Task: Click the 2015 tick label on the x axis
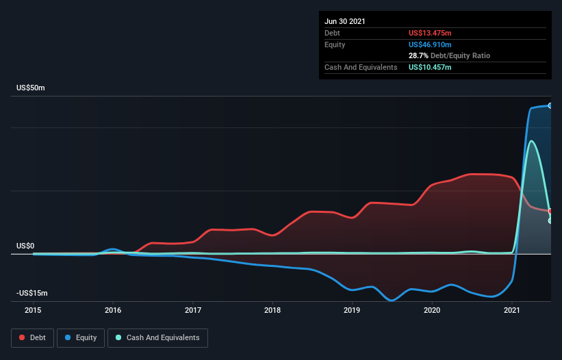[x=33, y=310]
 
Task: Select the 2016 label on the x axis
[x=113, y=310]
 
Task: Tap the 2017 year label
[x=193, y=310]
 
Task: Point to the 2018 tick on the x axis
[x=272, y=310]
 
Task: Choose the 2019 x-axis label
[x=352, y=310]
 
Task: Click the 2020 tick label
[x=432, y=310]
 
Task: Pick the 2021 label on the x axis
[x=512, y=310]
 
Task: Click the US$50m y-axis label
[x=32, y=88]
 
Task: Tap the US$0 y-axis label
[x=26, y=246]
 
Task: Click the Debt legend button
[x=33, y=337]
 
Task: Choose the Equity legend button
[x=81, y=337]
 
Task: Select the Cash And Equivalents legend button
[x=157, y=337]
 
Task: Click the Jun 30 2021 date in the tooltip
[x=345, y=21]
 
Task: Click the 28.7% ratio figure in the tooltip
[x=419, y=55]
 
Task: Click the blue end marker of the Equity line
[x=550, y=105]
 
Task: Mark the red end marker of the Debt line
[x=550, y=211]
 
